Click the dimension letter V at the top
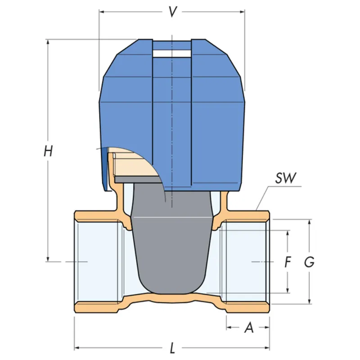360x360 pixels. point(172,12)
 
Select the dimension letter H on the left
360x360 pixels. point(48,151)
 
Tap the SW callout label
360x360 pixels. point(286,178)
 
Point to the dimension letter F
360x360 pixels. point(288,262)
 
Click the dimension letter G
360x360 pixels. point(309,262)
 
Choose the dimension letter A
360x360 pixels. point(249,328)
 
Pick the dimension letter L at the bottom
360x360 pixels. point(172,347)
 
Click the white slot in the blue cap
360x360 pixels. point(172,54)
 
